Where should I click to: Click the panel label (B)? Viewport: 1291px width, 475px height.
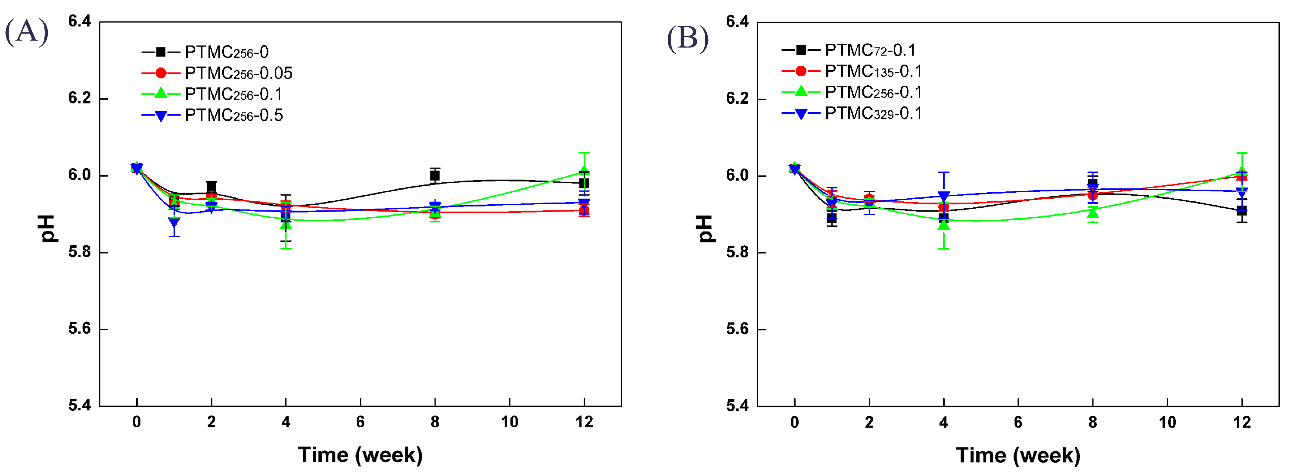point(687,37)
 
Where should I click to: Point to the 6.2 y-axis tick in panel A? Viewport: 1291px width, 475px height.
point(80,98)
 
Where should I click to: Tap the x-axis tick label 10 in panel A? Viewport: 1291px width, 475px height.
point(509,422)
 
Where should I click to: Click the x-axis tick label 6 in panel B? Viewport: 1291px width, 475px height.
point(1018,422)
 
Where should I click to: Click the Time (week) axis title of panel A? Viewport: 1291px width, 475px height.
point(361,455)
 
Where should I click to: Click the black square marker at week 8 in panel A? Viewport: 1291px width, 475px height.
point(435,175)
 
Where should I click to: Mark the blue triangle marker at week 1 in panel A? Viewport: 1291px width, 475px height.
point(174,222)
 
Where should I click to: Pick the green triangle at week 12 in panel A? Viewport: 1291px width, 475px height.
point(584,171)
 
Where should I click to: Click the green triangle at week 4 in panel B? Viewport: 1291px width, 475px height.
point(944,225)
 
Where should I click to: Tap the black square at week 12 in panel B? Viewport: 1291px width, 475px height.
point(1242,211)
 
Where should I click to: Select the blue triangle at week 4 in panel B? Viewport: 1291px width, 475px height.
point(944,196)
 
